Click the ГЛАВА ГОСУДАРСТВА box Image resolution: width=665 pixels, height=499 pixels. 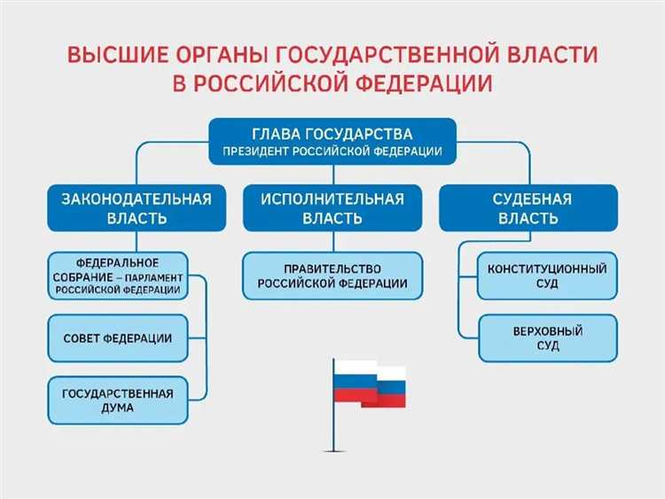coord(332,142)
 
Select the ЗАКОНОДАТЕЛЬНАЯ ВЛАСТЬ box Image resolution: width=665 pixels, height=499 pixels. coord(136,208)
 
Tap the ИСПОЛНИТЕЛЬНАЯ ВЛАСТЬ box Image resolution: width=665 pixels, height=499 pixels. coord(332,208)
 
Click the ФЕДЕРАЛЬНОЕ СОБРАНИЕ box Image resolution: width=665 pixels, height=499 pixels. coord(118,277)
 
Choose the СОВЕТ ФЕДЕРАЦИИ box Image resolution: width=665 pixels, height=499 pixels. coord(118,339)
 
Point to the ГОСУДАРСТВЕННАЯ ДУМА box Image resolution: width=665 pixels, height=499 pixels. coord(118,400)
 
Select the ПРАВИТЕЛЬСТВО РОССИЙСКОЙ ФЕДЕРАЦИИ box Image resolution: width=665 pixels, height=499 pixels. coord(332,276)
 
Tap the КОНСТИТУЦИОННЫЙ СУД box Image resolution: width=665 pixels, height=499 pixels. coord(548,276)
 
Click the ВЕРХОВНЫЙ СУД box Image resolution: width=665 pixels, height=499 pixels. coord(548,339)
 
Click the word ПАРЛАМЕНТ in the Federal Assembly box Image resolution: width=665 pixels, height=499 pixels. coord(156,277)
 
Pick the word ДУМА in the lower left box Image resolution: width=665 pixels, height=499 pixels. coord(117,409)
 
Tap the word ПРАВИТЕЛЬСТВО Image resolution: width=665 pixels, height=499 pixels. coord(332,268)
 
